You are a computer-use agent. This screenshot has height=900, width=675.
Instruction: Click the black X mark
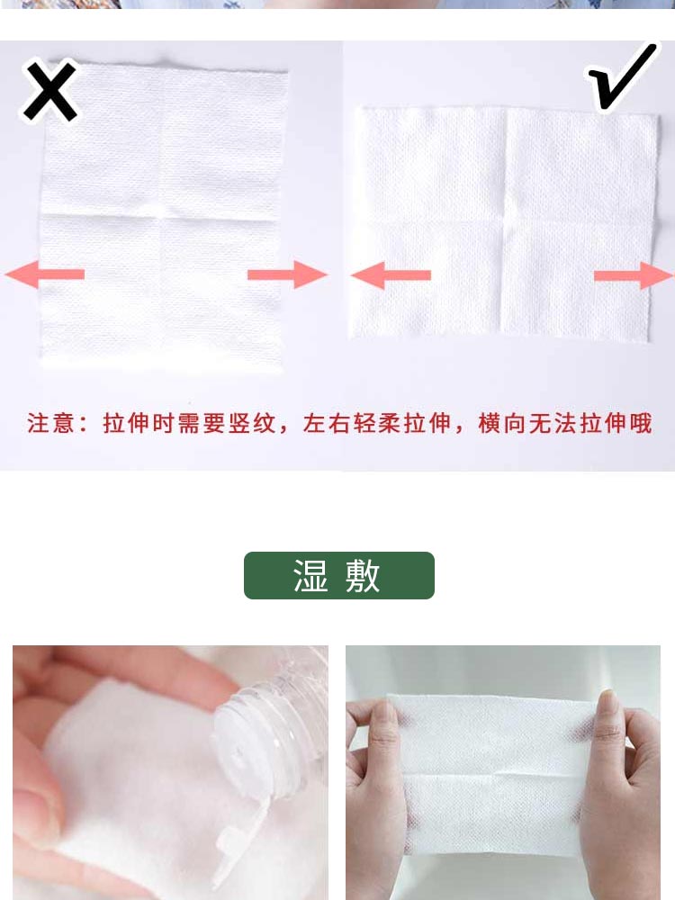pyautogui.click(x=49, y=92)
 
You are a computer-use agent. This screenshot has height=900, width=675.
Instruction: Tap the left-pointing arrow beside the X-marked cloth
pyautogui.click(x=45, y=274)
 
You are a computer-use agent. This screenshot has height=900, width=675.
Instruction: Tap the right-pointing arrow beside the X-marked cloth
pyautogui.click(x=288, y=274)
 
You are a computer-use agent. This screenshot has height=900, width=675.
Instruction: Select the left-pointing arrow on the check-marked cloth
pyautogui.click(x=391, y=274)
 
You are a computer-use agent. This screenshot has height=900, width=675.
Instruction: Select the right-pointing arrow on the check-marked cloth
pyautogui.click(x=634, y=275)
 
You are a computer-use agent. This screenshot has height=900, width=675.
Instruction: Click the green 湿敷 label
pyautogui.click(x=339, y=575)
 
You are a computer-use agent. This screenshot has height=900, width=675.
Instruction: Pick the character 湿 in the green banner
pyautogui.click(x=310, y=575)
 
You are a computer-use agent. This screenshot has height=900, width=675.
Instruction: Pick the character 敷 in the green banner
pyautogui.click(x=363, y=575)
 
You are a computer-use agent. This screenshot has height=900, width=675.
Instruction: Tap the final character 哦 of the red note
pyautogui.click(x=641, y=423)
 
